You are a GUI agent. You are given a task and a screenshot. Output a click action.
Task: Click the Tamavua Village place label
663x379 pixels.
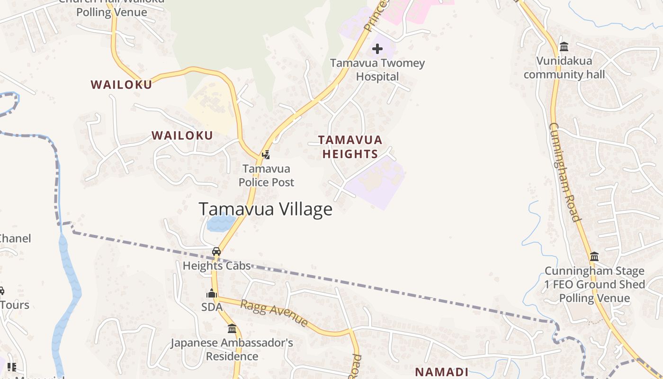coord(265,209)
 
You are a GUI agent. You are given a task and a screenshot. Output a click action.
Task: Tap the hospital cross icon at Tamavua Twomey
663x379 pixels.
coord(377,49)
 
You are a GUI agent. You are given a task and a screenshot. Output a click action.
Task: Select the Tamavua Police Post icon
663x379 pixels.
coord(266,154)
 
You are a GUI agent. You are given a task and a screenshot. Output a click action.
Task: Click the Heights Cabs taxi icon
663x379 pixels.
coord(216,252)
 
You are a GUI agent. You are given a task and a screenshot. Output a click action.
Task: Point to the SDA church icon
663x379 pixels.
coord(212,294)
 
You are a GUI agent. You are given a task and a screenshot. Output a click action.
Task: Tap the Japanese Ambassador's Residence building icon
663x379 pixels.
coord(232,328)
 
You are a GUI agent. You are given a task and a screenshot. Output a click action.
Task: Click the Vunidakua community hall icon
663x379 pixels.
coord(564,47)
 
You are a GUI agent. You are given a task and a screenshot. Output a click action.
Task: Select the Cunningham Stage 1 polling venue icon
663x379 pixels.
coord(594,257)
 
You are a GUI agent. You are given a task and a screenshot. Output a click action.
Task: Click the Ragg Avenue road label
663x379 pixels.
coord(274,313)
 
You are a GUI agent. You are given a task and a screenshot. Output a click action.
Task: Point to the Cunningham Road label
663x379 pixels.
coord(564,172)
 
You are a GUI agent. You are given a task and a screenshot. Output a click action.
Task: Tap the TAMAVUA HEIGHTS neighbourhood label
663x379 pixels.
coord(350,147)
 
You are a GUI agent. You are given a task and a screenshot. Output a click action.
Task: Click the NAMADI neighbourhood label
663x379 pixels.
coord(441,372)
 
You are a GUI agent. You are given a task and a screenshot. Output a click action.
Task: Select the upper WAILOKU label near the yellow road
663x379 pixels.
coord(121,85)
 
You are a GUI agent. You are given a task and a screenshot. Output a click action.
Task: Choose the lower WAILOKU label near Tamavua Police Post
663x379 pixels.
coord(182,135)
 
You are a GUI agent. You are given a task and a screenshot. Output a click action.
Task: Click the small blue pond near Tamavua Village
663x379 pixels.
coord(222,223)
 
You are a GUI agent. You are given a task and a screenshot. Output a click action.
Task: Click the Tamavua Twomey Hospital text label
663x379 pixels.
coord(377,70)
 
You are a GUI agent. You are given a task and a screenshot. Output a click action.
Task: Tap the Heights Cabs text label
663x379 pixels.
coord(216,266)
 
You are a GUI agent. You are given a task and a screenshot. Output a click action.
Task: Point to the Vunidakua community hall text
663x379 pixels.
coord(564,68)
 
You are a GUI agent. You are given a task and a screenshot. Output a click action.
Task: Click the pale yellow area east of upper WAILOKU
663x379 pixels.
coord(211,107)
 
